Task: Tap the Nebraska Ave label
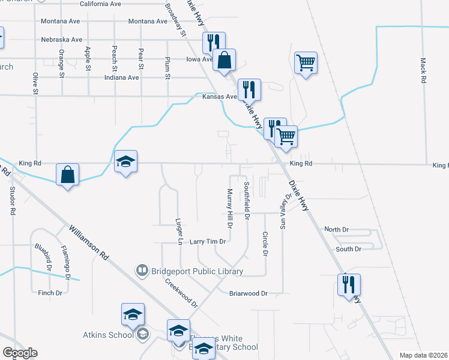click(x=61, y=40)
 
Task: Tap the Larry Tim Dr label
click(x=207, y=242)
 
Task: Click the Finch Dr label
click(x=50, y=293)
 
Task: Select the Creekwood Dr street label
click(x=181, y=292)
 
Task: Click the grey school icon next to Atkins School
click(x=142, y=334)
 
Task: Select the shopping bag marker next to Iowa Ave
click(x=224, y=61)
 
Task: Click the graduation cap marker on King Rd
click(x=126, y=162)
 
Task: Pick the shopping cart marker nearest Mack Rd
click(x=306, y=62)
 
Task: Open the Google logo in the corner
click(x=20, y=353)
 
